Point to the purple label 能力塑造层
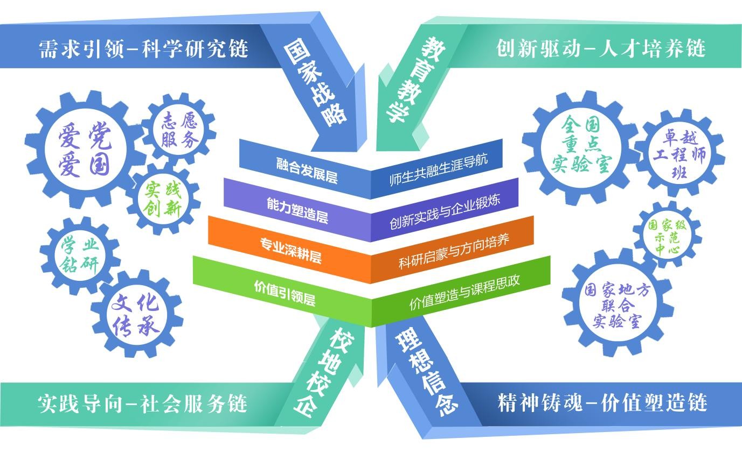[x=297, y=210]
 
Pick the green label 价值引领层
[x=285, y=293]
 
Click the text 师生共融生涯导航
[x=438, y=170]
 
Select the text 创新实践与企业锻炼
[x=445, y=212]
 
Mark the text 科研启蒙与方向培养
[x=454, y=252]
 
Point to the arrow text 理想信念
[x=427, y=373]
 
